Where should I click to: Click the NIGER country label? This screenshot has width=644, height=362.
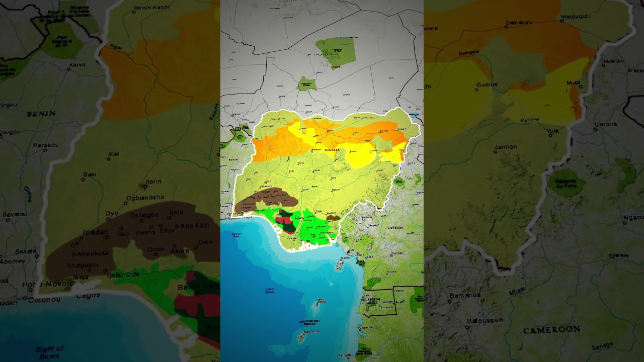(x=336, y=67)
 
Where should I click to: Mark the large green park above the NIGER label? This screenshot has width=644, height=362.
(x=336, y=51)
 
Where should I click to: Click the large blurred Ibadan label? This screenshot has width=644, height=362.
(x=96, y=232)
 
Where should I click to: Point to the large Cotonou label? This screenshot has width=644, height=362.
(x=44, y=300)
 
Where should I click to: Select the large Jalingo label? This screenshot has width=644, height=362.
(x=506, y=147)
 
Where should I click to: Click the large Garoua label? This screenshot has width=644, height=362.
(x=605, y=123)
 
